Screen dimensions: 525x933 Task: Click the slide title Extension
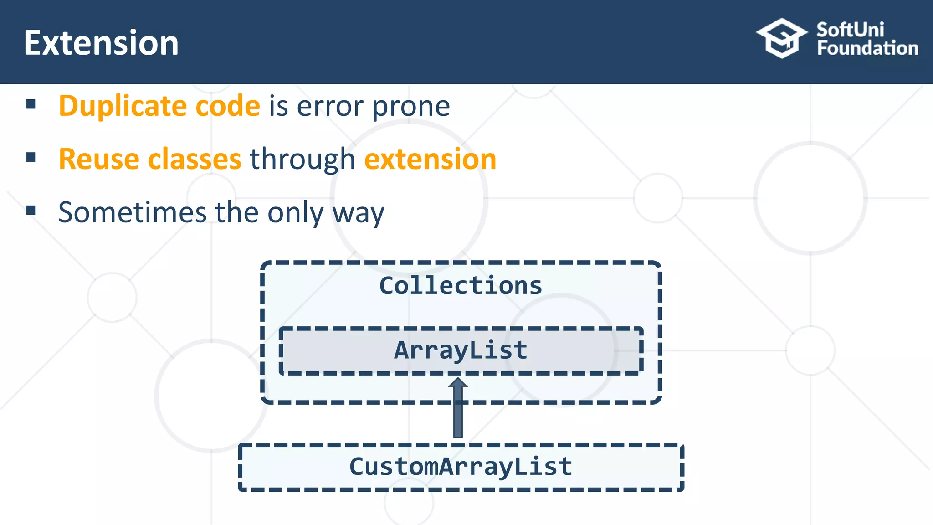101,43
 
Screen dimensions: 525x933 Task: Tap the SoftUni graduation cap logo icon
781,38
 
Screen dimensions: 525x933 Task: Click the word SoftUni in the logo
850,30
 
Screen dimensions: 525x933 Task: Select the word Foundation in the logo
867,48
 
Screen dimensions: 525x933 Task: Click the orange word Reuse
99,160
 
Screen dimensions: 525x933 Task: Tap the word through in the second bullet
302,160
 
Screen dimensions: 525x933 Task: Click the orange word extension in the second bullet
430,160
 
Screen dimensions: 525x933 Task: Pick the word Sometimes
133,212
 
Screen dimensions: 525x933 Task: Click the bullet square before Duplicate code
31,104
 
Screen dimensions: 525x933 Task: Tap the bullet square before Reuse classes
31,158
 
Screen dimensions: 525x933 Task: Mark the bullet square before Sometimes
31,211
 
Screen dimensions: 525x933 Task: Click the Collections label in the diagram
461,286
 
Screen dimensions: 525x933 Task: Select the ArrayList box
461,350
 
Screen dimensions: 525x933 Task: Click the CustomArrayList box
461,467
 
